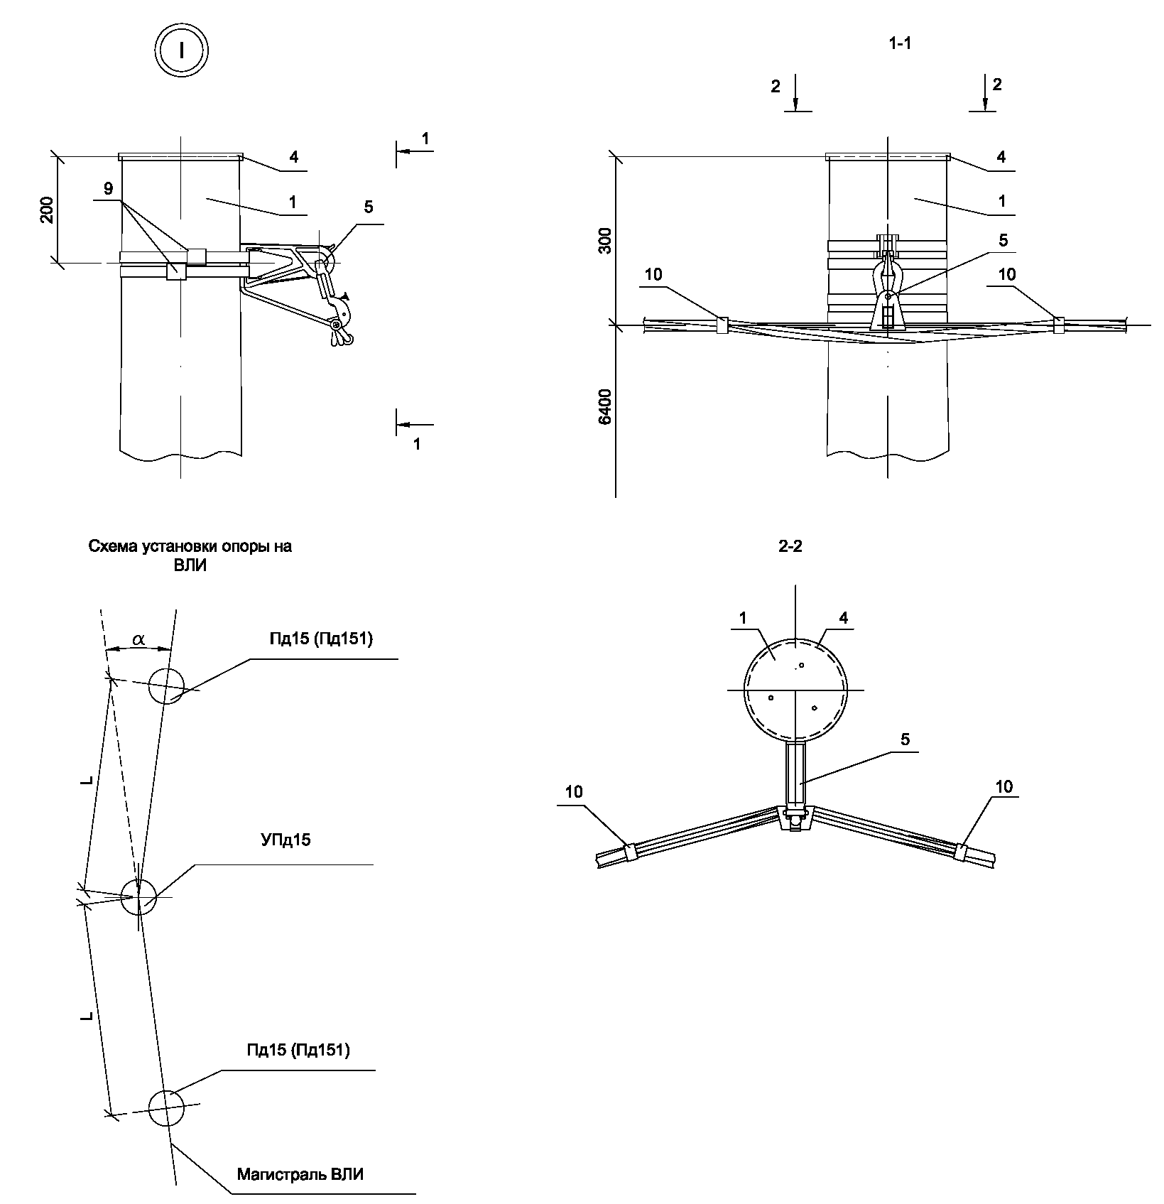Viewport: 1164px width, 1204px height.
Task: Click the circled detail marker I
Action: (x=181, y=50)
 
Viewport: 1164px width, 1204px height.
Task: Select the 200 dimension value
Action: (x=46, y=210)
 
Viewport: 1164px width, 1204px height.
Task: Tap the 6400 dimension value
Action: (x=604, y=406)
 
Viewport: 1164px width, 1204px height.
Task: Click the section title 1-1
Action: (x=900, y=43)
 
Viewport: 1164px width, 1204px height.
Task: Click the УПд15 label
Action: (x=282, y=840)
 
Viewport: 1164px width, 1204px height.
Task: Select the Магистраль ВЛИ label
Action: (x=300, y=1174)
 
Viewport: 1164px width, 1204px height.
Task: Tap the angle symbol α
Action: (x=138, y=640)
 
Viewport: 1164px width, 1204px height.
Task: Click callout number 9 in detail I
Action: (x=107, y=188)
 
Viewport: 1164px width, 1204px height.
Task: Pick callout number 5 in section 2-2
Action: (x=904, y=739)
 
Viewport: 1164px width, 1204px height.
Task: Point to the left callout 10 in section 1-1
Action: (x=653, y=275)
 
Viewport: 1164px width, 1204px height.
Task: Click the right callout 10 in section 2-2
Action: (x=1004, y=786)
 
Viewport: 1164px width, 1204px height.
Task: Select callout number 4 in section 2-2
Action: (x=843, y=618)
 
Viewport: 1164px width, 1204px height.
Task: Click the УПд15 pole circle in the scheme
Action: (x=138, y=897)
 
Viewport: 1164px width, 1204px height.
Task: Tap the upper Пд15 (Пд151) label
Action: (x=321, y=639)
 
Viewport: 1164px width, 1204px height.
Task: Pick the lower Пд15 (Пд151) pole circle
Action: (x=166, y=1107)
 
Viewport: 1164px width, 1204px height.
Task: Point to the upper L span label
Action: (x=87, y=781)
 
